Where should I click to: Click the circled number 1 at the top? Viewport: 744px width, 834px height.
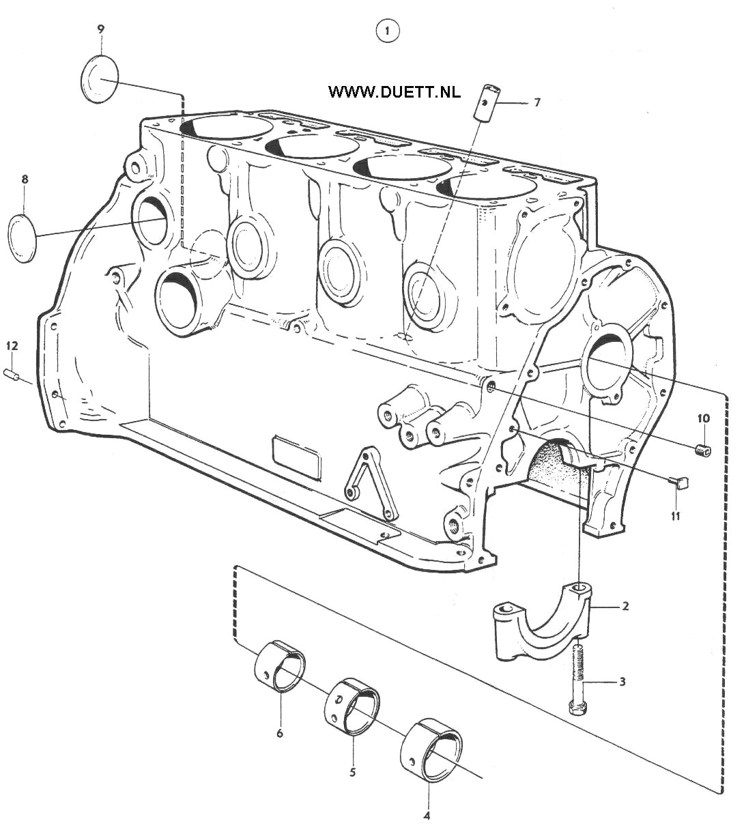coord(388,31)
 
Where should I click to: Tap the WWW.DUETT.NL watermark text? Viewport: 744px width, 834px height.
coord(395,92)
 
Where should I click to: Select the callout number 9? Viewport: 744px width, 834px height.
coord(101,29)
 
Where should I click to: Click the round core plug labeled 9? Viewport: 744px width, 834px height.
coord(99,78)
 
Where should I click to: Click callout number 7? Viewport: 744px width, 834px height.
coord(537,102)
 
